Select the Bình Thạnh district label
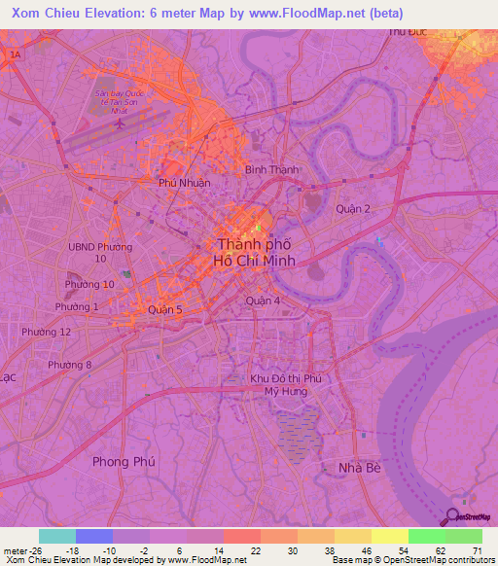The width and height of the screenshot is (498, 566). pyautogui.click(x=271, y=169)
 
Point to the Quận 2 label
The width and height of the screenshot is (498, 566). pyautogui.click(x=353, y=209)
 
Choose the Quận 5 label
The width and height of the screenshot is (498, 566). pyautogui.click(x=164, y=309)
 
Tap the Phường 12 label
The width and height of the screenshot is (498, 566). pyautogui.click(x=51, y=332)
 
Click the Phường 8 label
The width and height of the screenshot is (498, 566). pyautogui.click(x=70, y=365)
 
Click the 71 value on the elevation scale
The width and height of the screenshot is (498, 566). pyautogui.click(x=475, y=550)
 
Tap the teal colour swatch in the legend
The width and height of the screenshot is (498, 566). pyautogui.click(x=56, y=536)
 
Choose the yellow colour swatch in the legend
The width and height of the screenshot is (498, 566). pyautogui.click(x=389, y=536)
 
